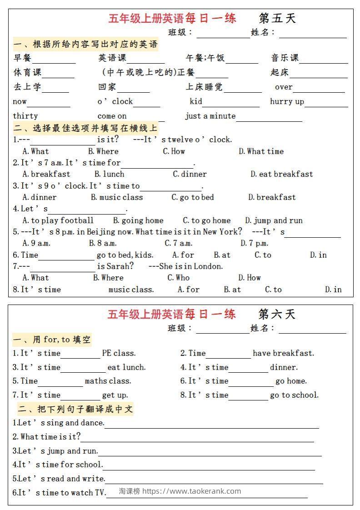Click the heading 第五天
(x=277, y=18)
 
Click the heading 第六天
(x=277, y=314)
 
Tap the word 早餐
(x=22, y=58)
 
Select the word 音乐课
(x=285, y=58)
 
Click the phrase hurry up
(x=287, y=101)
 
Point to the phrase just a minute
(x=210, y=116)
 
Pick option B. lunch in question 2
(x=109, y=174)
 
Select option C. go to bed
(x=192, y=197)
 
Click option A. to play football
(x=58, y=220)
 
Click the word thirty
(x=25, y=116)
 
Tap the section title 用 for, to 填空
(x=52, y=340)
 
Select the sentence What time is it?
(x=46, y=437)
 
